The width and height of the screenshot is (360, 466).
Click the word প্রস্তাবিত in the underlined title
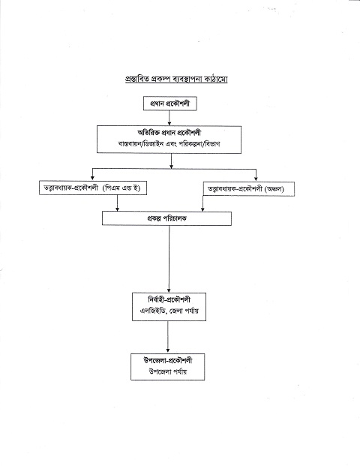pos(137,80)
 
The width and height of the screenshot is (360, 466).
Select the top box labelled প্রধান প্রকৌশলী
pos(170,104)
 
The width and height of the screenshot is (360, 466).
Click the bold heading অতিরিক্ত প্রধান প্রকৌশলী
pos(169,133)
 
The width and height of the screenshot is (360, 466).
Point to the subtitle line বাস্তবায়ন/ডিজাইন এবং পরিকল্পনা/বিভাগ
pos(169,144)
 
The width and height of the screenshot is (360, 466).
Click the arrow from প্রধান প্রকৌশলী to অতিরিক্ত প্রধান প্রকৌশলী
pos(169,118)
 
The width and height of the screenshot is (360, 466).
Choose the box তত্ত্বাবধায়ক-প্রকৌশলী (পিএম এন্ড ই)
pos(93,188)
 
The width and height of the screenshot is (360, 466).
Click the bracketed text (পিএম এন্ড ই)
pos(121,188)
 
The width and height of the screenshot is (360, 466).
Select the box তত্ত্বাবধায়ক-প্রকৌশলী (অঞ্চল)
pos(249,188)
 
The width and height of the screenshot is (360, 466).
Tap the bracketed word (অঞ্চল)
pos(274,188)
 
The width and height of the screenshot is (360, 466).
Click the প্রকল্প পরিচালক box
pos(166,218)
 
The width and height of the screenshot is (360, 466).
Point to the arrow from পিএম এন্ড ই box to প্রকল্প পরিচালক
pos(117,203)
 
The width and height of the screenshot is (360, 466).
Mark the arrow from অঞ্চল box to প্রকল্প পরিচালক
pos(202,203)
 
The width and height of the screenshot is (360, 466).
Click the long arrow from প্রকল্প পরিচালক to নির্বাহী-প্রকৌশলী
pos(169,259)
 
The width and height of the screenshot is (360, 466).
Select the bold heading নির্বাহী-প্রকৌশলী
pos(169,299)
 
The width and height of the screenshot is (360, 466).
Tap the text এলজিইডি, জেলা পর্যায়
pos(169,311)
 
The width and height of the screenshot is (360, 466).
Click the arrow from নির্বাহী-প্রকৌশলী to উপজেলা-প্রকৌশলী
pos(168,337)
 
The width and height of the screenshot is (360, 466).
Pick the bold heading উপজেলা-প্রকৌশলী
pos(168,360)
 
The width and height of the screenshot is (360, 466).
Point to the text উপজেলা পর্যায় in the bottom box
pos(168,371)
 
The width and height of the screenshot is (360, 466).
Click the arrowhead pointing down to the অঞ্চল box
pos(256,179)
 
